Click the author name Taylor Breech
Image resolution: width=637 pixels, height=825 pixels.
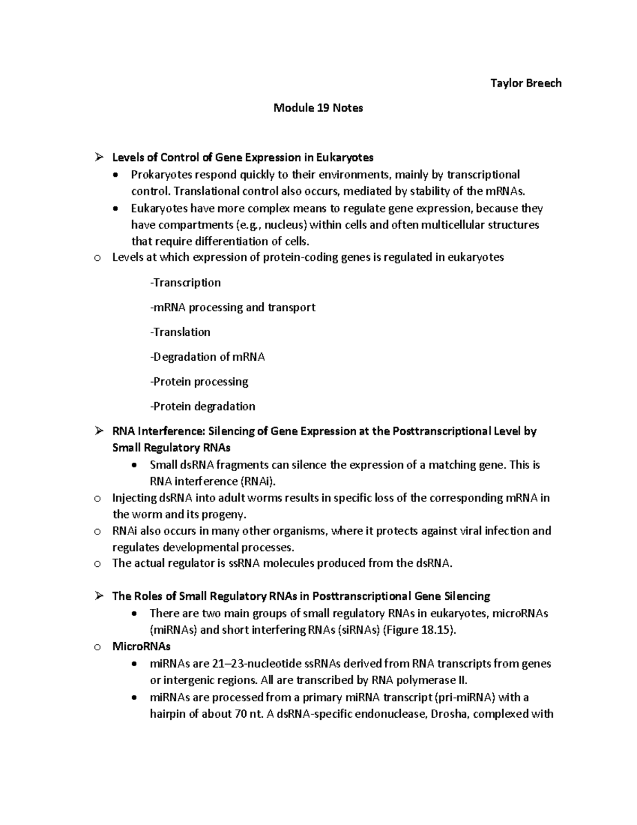[526, 83]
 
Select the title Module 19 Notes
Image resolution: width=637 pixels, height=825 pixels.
[318, 108]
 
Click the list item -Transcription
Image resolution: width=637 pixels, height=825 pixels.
[185, 283]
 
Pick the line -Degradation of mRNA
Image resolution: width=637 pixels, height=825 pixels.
[207, 357]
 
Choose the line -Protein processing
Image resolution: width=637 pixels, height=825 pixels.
[199, 381]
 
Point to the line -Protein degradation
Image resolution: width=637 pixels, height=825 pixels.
[202, 406]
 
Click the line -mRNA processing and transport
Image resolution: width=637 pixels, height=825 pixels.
[233, 308]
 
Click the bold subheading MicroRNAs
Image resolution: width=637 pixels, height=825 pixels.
[141, 647]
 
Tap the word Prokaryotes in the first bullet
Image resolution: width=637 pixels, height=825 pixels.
[161, 175]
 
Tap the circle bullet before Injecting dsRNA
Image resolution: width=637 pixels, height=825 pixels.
[97, 499]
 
